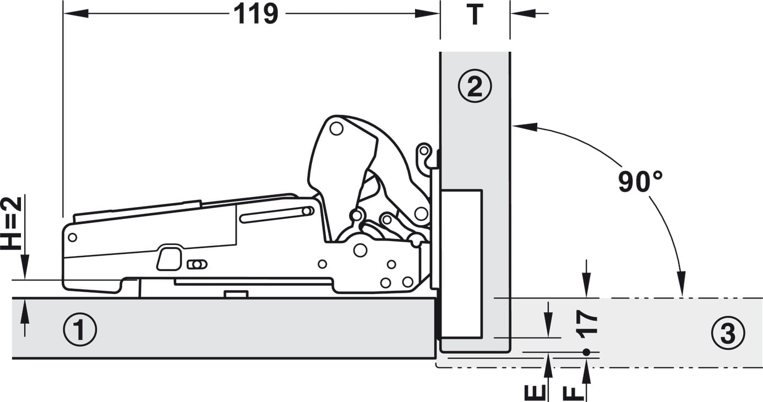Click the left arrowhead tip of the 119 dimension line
click(x=64, y=14)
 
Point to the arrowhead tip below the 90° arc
click(x=682, y=295)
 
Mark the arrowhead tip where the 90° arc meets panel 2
click(x=513, y=126)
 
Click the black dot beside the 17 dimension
click(x=586, y=352)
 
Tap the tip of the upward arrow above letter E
click(x=548, y=354)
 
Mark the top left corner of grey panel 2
click(x=440, y=52)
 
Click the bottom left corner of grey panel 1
click(x=12, y=358)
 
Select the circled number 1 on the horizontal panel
click(x=80, y=329)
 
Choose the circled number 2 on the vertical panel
click(x=475, y=86)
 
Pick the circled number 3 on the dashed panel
click(x=728, y=333)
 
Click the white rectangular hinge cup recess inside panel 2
click(x=461, y=264)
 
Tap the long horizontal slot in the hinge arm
click(x=276, y=214)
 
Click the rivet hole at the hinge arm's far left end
click(x=73, y=237)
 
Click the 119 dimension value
click(x=256, y=14)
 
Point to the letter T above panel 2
click(x=475, y=14)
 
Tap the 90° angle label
click(x=640, y=182)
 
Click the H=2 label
click(x=11, y=223)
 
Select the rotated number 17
click(x=586, y=324)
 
